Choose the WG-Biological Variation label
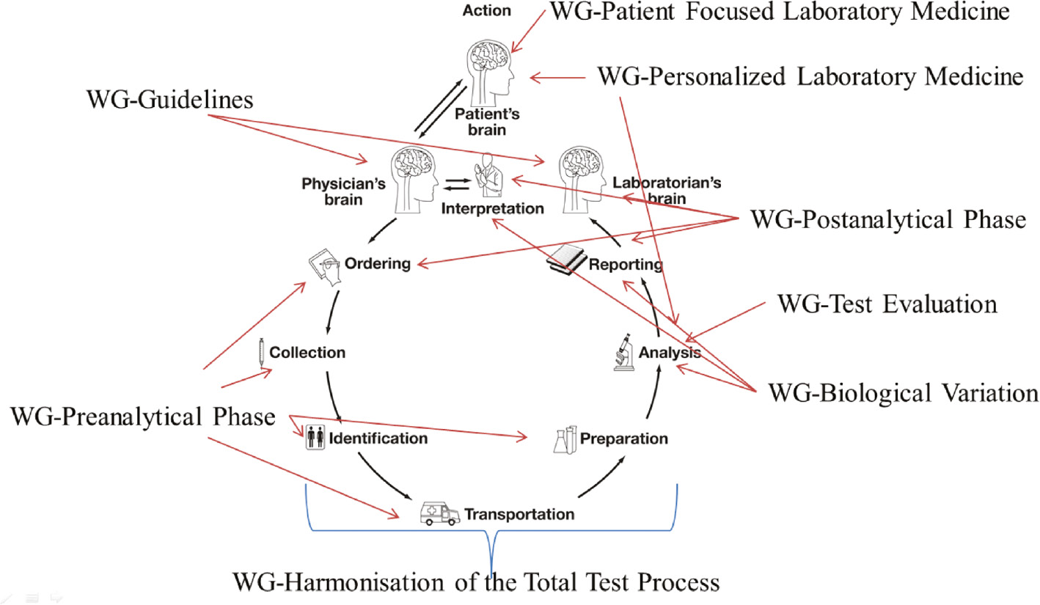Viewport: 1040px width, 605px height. click(x=903, y=392)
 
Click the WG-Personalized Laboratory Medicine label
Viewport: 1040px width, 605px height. click(x=810, y=76)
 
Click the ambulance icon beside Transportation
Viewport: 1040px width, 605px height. click(x=439, y=513)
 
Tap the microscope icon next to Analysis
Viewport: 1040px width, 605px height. click(x=623, y=351)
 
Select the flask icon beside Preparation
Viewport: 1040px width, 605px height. click(x=563, y=439)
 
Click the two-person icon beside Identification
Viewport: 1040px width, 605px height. click(x=315, y=439)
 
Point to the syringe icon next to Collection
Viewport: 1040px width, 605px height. click(x=261, y=352)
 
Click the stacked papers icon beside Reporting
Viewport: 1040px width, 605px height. click(x=567, y=260)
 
